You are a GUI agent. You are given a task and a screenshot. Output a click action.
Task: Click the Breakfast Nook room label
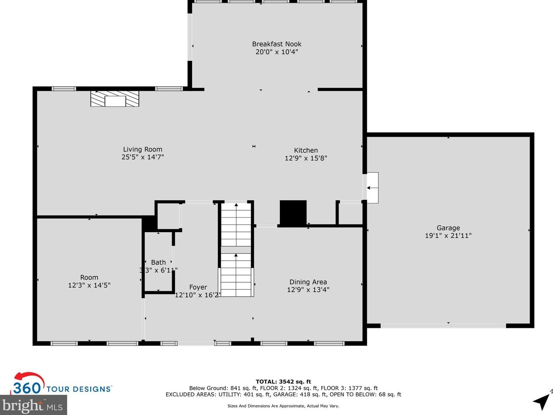point(277,44)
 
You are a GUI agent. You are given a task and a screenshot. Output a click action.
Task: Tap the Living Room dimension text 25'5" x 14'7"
point(143,157)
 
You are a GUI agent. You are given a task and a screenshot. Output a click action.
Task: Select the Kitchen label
point(306,150)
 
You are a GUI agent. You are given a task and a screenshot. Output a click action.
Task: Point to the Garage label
point(448,228)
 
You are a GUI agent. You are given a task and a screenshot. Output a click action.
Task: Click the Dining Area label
point(308,282)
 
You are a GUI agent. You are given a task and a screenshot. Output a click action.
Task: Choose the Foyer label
point(198,287)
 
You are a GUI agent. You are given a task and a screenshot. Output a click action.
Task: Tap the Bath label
point(158,262)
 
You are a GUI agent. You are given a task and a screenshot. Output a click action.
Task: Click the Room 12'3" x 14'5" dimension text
point(89,285)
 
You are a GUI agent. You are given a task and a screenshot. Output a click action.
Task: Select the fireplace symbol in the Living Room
point(115,99)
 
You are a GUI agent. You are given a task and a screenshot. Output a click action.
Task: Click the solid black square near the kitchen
point(293,213)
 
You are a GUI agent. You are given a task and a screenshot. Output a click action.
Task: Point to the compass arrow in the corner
point(541,401)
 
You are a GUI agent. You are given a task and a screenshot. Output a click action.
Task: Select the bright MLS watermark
point(33,406)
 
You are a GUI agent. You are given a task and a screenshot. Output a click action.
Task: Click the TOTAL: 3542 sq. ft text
point(283,382)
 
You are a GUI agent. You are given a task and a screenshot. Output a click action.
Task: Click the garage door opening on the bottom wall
point(443,326)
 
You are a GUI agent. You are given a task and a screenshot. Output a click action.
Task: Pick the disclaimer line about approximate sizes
point(283,406)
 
